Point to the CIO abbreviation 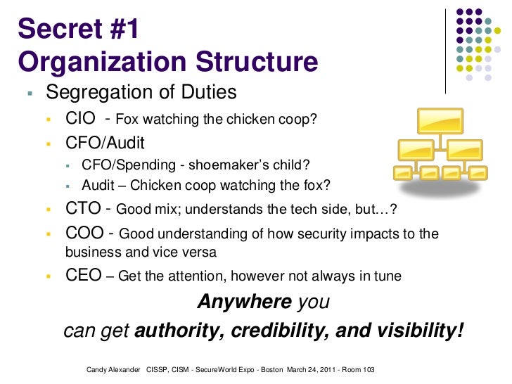80,118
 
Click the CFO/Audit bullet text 105,143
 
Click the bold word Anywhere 244,302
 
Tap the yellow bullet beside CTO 50,210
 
